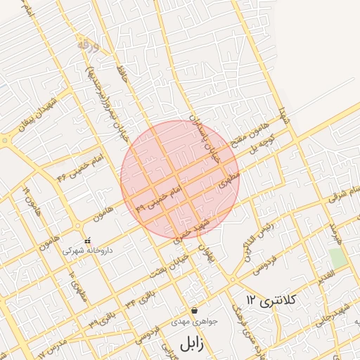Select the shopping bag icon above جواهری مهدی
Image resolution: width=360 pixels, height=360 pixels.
point(194,310)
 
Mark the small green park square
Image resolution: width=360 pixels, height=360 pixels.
point(338,258)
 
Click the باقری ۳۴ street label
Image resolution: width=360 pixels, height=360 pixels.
point(140,296)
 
